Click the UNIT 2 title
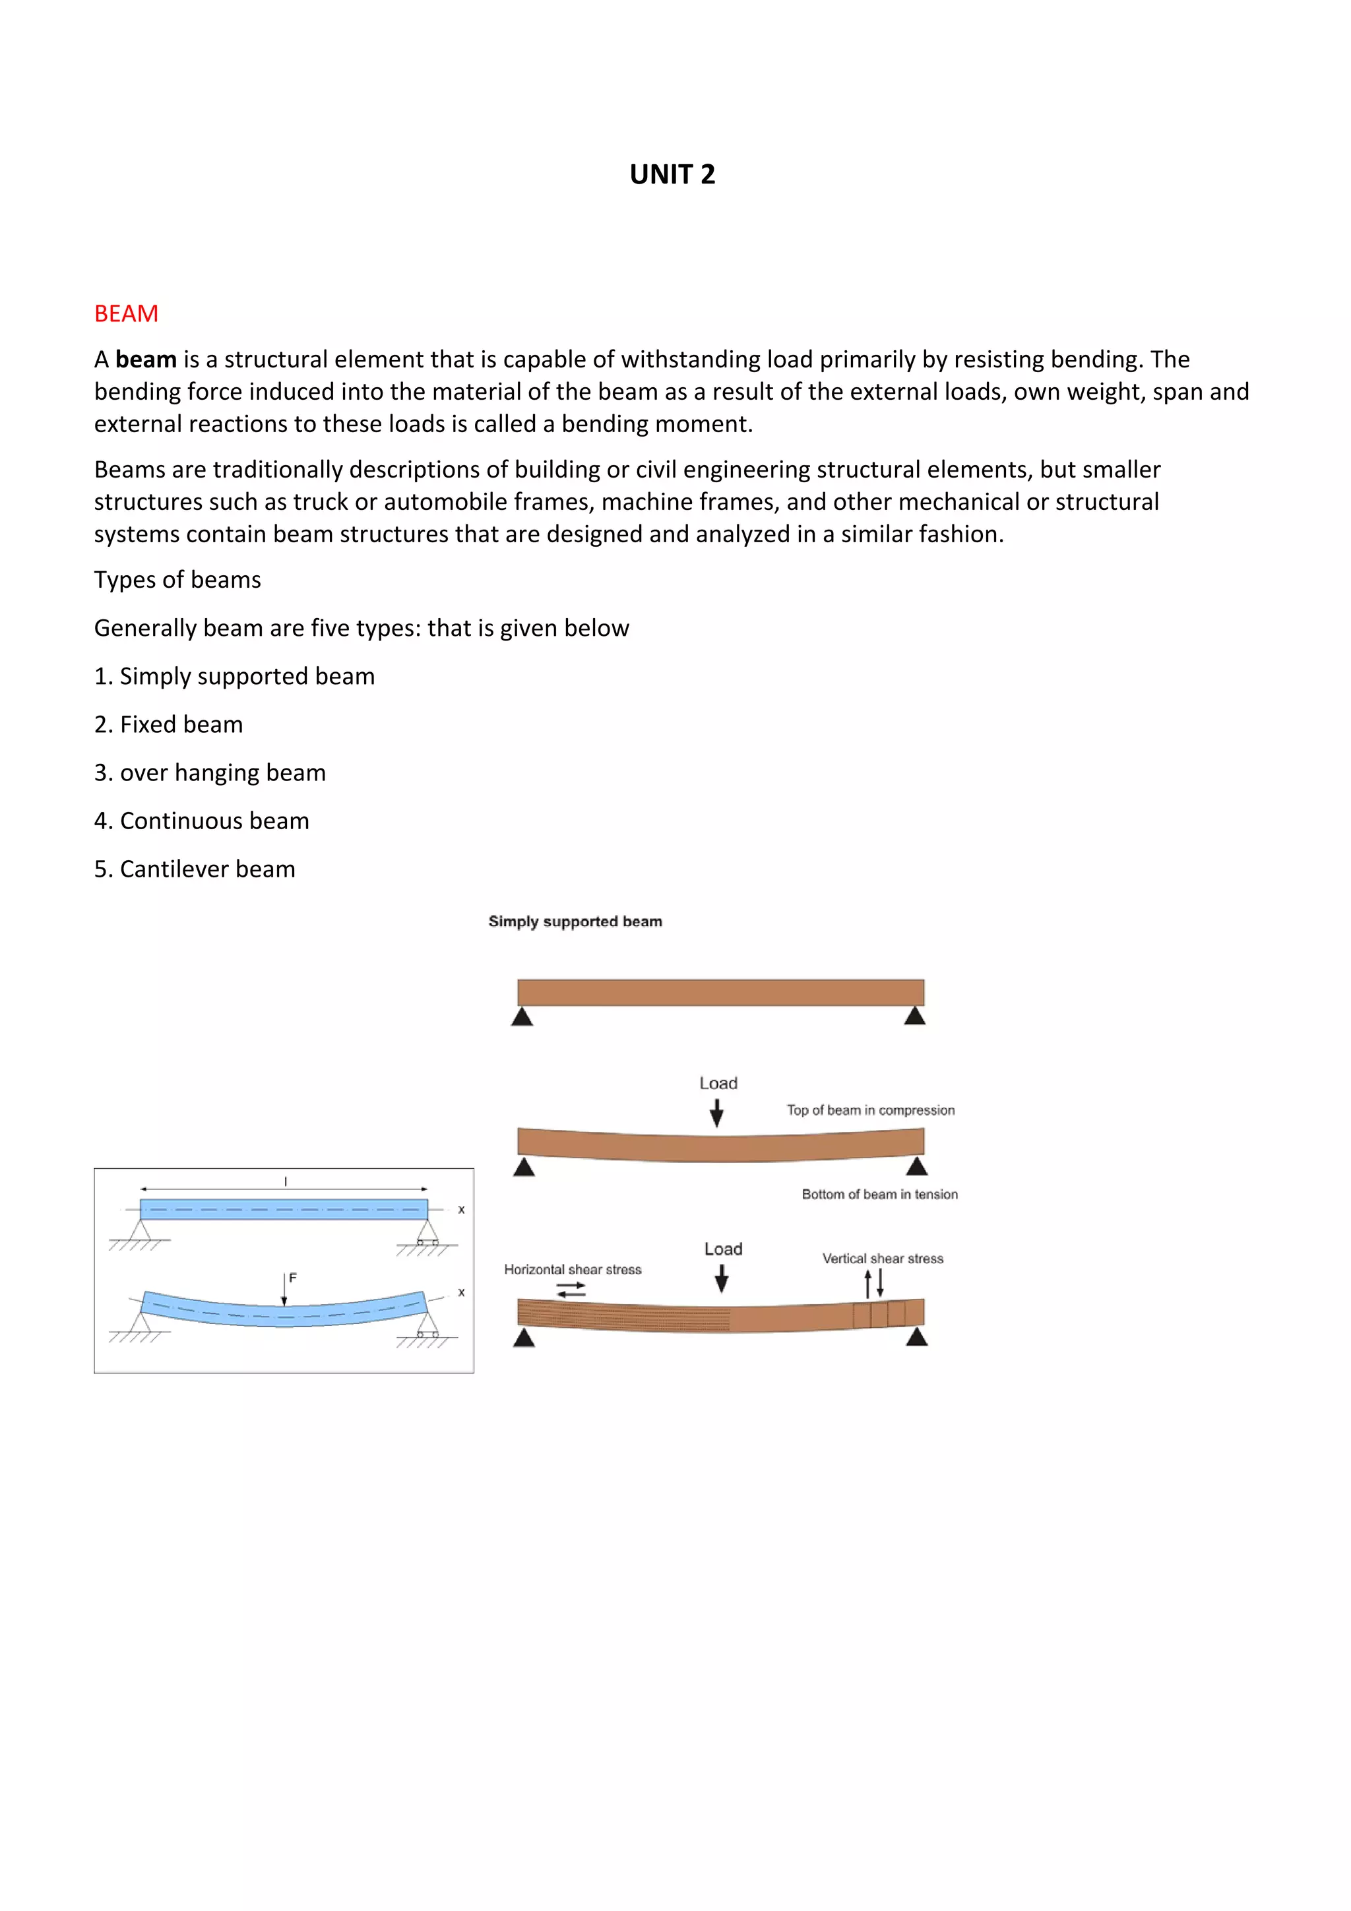(672, 174)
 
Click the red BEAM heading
(126, 314)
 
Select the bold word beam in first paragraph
(146, 360)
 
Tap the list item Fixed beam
(168, 724)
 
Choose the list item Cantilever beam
(194, 869)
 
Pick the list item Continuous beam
(201, 821)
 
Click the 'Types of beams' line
(177, 579)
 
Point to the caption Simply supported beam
(575, 922)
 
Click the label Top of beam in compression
(871, 1110)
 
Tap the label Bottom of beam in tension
(879, 1195)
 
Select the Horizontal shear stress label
(573, 1269)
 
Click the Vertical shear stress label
(883, 1259)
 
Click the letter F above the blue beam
(292, 1278)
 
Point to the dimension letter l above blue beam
(286, 1181)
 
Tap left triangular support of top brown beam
(522, 1017)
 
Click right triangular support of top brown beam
(915, 1017)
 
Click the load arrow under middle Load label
(716, 1113)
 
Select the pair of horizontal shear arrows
(571, 1290)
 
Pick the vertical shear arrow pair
(874, 1284)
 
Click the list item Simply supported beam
(234, 676)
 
